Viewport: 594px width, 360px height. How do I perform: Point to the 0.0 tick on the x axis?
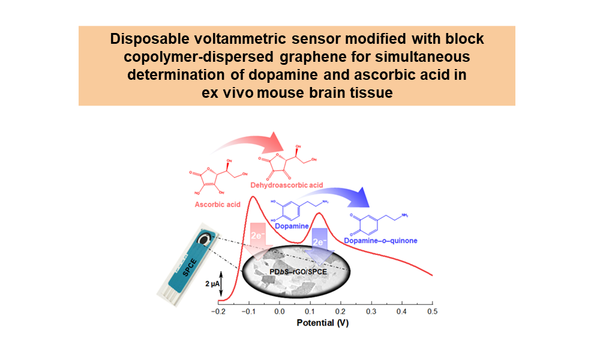coord(279,313)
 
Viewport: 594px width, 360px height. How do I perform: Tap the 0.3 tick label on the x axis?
coord(371,313)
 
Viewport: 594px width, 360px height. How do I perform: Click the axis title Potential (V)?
coord(323,323)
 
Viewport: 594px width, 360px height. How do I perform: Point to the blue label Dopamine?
coord(290,226)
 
